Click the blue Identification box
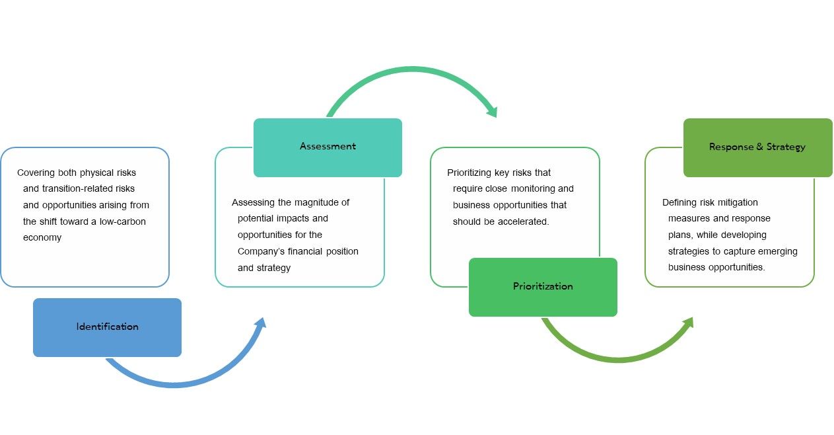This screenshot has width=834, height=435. coord(107,327)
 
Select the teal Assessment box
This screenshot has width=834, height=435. coord(328,147)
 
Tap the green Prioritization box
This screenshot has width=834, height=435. coord(543,287)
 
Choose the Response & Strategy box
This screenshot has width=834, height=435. coord(757,147)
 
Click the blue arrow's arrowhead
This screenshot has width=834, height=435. coord(261,323)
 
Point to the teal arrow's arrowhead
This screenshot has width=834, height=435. coord(493,111)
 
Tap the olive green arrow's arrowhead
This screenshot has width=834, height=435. coord(689,323)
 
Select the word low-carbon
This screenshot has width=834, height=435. coord(123,221)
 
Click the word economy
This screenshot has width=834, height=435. coord(42,238)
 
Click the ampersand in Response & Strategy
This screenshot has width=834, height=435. coord(759,147)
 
